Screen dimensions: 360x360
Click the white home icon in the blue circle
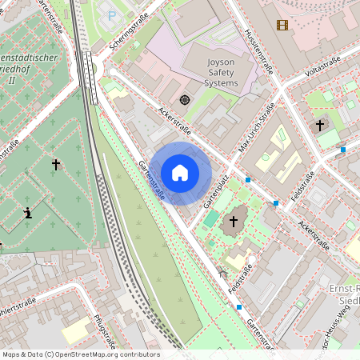coord(180,173)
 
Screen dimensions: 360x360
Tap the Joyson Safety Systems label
coord(210,71)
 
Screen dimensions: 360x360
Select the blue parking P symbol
coord(111,15)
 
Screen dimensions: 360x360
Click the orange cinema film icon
coord(282,25)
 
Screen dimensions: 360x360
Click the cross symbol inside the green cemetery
coord(56,165)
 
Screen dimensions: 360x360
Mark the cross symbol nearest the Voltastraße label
coord(320,126)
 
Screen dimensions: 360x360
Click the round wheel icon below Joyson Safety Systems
coord(185,100)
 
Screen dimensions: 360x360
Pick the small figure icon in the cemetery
coord(29,213)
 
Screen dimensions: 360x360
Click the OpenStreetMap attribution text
coord(80,354)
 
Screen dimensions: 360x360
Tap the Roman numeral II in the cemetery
coord(11,80)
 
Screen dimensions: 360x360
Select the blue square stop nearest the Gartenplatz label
coord(248,180)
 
